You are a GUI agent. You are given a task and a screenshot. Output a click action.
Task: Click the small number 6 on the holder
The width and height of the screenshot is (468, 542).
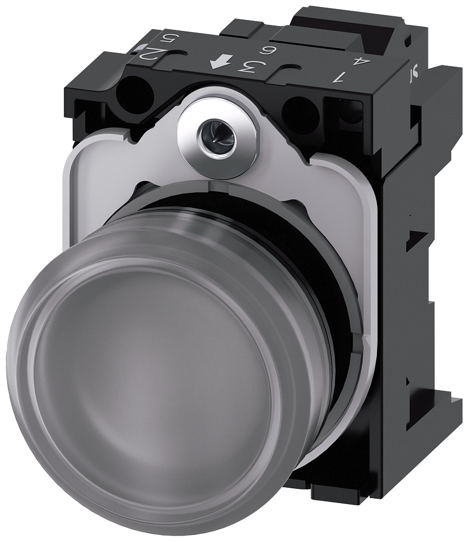(266, 52)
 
